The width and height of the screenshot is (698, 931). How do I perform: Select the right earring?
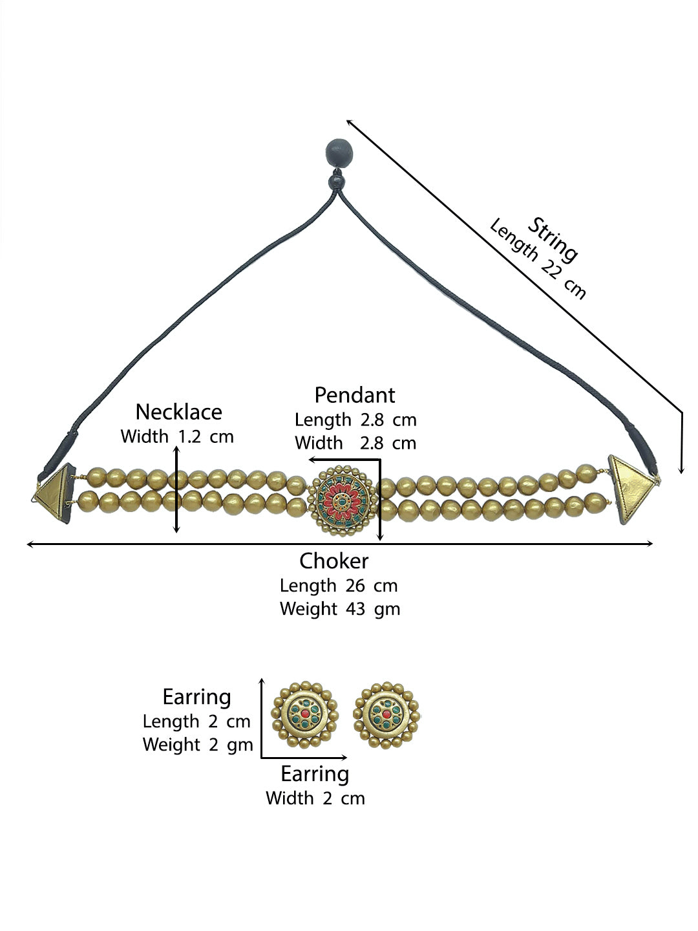click(386, 714)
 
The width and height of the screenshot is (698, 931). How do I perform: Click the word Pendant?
click(354, 395)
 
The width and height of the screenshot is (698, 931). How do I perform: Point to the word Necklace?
click(178, 412)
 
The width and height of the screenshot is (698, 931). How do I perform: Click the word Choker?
click(333, 561)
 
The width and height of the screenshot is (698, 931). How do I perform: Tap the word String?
click(553, 240)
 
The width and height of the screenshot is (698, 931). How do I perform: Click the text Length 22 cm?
click(538, 259)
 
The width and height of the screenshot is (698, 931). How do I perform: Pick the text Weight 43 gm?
click(340, 609)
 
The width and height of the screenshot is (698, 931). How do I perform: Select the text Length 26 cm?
click(339, 586)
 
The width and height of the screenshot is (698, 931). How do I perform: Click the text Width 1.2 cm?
click(177, 436)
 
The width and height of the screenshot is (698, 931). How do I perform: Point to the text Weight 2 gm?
click(198, 745)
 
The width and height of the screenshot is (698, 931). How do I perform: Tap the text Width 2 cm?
click(315, 798)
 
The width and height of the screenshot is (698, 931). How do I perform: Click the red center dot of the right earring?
click(386, 714)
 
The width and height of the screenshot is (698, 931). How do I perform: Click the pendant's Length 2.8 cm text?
click(355, 420)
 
